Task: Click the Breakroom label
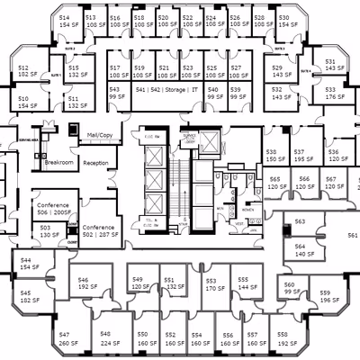pos(58,163)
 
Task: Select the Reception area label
pos(96,163)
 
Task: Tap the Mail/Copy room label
pos(99,135)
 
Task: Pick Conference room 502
pos(99,231)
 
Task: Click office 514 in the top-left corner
pos(65,22)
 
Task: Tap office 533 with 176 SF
pos(330,94)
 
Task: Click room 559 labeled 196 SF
pos(325,296)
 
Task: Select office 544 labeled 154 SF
pos(27,264)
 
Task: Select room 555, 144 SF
pos(243,285)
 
